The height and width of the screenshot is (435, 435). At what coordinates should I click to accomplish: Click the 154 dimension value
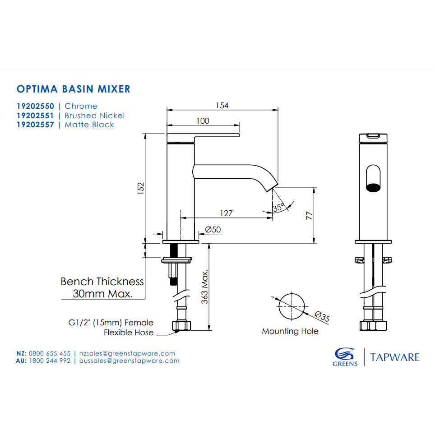click(222, 106)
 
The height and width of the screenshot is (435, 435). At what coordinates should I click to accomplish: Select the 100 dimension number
click(203, 120)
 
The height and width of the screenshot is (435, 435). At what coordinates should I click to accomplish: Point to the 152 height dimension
click(140, 188)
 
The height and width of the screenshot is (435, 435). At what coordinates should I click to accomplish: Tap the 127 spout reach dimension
click(226, 213)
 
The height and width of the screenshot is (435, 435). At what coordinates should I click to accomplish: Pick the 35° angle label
click(278, 208)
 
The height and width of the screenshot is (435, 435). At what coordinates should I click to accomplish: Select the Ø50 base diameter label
click(213, 230)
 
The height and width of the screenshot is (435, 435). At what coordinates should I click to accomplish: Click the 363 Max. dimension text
click(205, 287)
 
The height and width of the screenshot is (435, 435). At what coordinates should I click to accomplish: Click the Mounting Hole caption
click(290, 332)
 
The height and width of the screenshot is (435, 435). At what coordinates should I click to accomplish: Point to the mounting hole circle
click(292, 305)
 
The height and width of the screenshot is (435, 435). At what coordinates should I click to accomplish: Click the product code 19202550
click(35, 106)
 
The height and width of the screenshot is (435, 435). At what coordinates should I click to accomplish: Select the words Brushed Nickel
click(95, 116)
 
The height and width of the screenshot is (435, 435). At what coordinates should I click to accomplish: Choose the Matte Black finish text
click(89, 125)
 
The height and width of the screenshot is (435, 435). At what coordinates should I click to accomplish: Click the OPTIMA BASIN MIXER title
click(73, 88)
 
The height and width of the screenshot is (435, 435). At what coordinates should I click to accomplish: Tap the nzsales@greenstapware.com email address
click(127, 353)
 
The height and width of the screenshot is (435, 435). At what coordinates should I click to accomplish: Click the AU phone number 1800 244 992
click(50, 361)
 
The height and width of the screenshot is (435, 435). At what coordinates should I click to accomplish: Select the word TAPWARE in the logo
click(395, 357)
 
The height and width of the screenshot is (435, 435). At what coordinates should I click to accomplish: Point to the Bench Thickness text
click(102, 282)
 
